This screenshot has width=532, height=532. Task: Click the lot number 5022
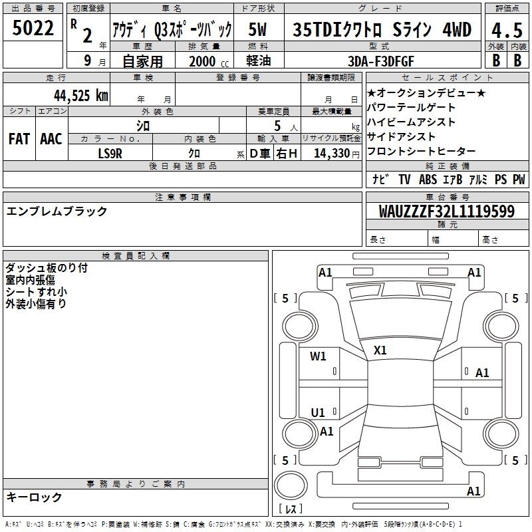tap(33, 28)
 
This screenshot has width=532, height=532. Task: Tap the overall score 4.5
tap(507, 30)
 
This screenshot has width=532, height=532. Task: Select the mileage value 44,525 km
tap(80, 96)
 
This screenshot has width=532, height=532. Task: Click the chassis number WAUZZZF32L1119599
tap(446, 211)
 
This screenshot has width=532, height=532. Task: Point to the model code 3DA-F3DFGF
tap(381, 61)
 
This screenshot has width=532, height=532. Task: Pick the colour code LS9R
tap(110, 154)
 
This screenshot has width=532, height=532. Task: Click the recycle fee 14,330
tap(331, 154)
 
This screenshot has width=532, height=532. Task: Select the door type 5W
tap(257, 29)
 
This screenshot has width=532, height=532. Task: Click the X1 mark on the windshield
tap(380, 350)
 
